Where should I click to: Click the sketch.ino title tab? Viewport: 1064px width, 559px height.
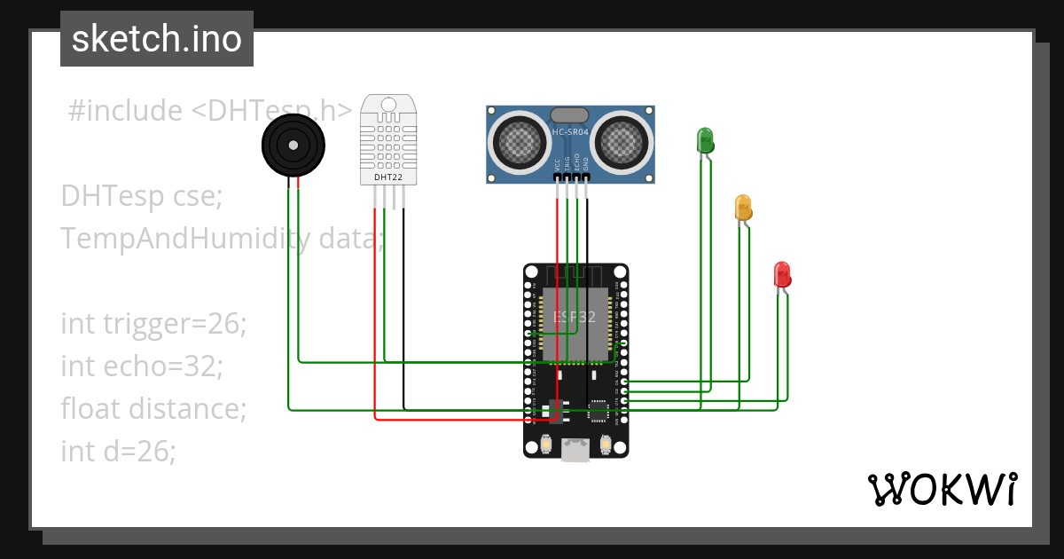(x=157, y=39)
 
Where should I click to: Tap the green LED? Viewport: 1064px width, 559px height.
(x=705, y=140)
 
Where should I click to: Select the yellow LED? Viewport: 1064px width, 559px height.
(x=743, y=207)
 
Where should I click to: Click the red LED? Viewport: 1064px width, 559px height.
(x=781, y=273)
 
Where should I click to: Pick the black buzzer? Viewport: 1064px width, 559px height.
(x=293, y=146)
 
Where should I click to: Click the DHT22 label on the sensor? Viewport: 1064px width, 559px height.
(x=388, y=177)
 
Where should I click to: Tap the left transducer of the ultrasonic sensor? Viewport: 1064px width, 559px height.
(x=520, y=140)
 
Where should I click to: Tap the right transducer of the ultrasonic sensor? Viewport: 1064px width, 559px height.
(x=622, y=140)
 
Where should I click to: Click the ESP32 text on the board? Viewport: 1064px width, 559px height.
(x=575, y=317)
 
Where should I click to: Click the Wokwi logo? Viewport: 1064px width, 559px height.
(x=942, y=489)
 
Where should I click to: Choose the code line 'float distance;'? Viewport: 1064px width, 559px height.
(x=153, y=408)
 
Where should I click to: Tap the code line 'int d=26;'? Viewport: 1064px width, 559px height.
(x=119, y=451)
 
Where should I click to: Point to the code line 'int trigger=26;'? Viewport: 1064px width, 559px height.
(x=153, y=324)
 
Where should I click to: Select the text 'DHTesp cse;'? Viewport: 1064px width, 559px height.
(x=142, y=195)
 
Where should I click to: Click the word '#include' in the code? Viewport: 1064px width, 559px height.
(x=125, y=111)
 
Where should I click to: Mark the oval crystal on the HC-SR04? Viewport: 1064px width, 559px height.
(x=570, y=114)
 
